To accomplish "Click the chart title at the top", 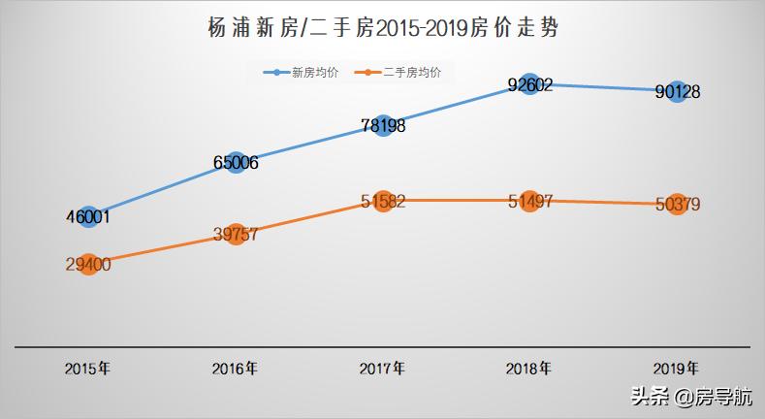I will point(382,29).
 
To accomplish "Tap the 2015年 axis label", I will point(87,369).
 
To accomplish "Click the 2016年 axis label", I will point(235,369).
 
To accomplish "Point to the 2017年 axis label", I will point(382,369).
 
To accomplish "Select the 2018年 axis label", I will point(529,369).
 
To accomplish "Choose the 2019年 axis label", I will point(676,369).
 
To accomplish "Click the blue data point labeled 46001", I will point(88,217).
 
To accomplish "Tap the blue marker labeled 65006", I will point(236,163).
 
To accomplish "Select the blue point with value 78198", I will point(382,125).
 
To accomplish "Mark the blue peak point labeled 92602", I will point(529,84).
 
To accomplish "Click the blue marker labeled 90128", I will point(677,92).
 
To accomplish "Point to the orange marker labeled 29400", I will point(88,264).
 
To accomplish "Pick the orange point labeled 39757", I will point(236,234).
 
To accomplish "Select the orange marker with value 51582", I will point(382,201).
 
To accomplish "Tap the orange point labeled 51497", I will point(529,201).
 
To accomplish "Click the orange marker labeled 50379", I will point(677,205).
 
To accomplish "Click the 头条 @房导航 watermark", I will point(691,396).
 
